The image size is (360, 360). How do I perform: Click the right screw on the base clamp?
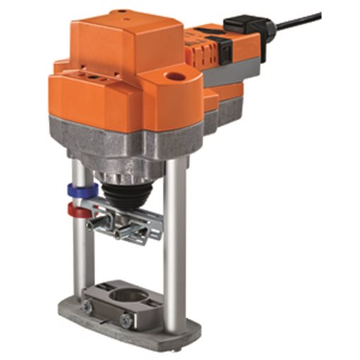pos(126,320)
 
